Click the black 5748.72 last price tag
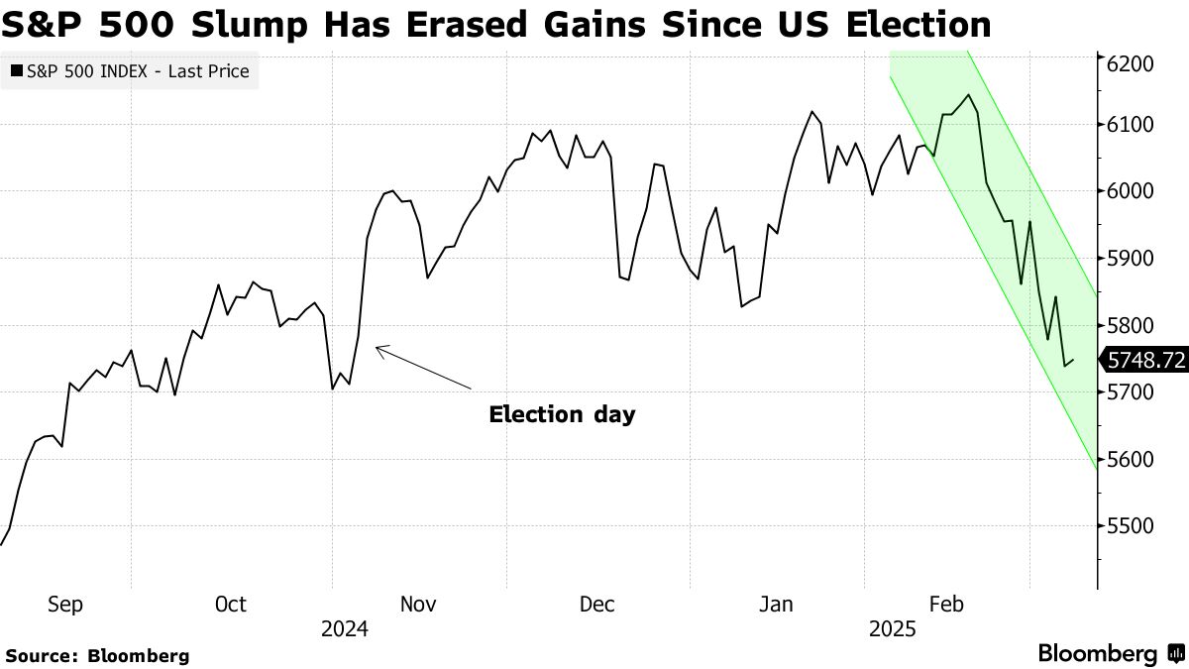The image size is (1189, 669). (1145, 361)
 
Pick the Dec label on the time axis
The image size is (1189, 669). (597, 604)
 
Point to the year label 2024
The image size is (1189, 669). (345, 629)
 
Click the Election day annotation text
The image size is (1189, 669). (562, 415)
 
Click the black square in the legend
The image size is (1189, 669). (17, 72)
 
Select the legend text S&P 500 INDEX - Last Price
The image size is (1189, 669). (137, 72)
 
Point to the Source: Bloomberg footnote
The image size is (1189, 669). (97, 655)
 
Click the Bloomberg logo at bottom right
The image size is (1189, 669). (1110, 654)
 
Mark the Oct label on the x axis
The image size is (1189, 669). (230, 604)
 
